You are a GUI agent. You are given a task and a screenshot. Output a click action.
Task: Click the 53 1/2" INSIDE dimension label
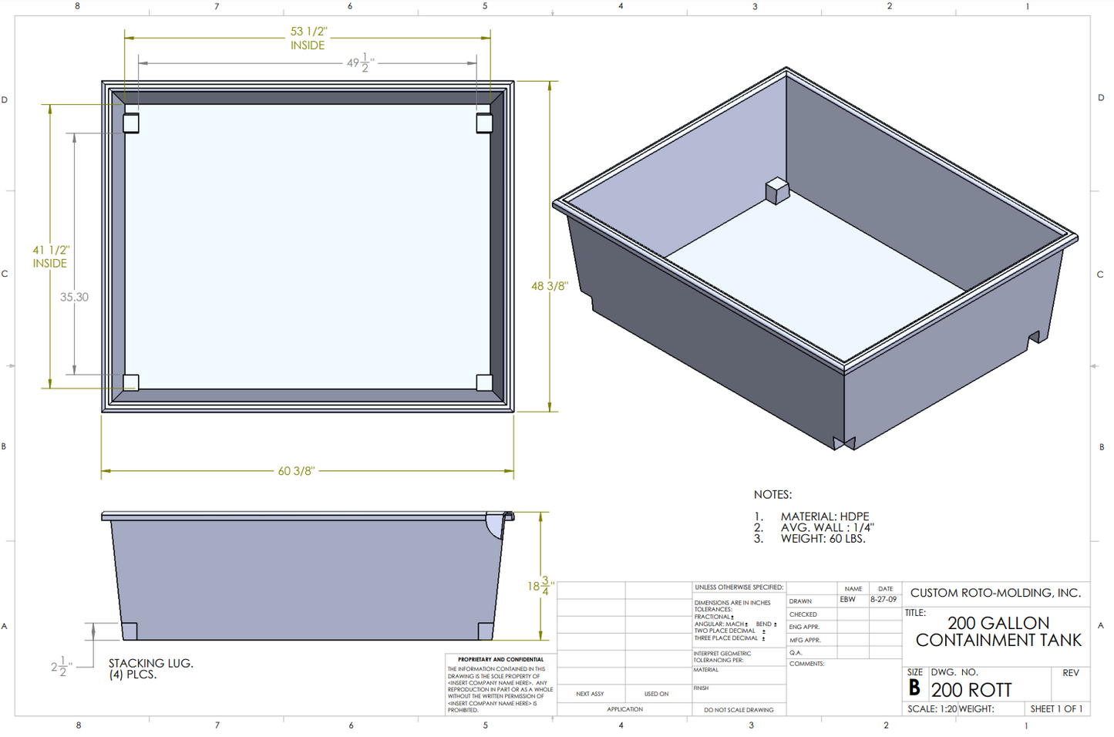308,39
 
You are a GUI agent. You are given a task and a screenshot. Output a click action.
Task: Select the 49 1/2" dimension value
358,63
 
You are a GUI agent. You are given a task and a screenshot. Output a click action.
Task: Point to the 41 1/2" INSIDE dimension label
50,257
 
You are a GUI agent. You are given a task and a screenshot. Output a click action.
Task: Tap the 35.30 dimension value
74,297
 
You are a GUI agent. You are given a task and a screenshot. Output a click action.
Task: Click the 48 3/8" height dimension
549,286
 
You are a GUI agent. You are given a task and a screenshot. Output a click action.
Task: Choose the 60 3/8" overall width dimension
296,471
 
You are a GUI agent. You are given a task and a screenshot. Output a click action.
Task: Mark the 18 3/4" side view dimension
540,586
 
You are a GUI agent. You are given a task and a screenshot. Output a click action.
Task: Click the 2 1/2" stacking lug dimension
61,667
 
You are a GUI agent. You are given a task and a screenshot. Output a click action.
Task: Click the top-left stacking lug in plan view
131,123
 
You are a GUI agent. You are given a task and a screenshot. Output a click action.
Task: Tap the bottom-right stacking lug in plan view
484,382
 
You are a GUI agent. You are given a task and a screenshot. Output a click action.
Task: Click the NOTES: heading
772,495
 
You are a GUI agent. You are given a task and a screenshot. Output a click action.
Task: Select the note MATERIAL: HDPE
824,517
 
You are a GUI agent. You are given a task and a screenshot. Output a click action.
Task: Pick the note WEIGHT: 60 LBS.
823,539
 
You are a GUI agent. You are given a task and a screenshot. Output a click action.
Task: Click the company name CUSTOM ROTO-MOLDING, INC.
995,593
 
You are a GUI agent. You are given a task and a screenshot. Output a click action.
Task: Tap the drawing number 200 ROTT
971,690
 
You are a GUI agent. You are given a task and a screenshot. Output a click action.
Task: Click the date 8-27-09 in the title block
883,600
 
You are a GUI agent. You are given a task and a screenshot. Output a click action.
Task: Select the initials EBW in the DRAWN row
847,600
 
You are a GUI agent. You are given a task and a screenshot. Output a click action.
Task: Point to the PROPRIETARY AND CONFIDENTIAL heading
500,660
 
